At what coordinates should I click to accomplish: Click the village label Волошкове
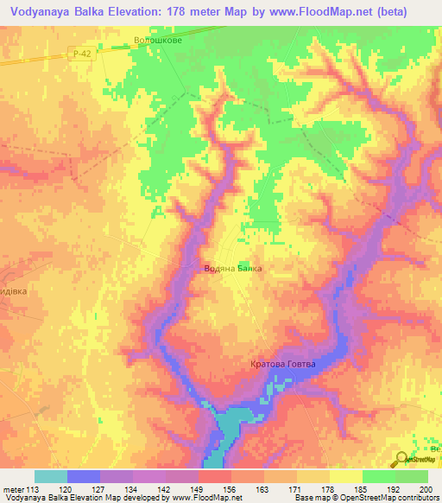(x=159, y=39)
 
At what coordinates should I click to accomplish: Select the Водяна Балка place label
(x=232, y=269)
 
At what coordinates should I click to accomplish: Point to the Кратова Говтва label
(x=283, y=364)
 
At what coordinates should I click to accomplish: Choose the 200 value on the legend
(x=423, y=489)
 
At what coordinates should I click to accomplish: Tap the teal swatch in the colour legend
(x=51, y=476)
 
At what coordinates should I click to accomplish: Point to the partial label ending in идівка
(x=16, y=291)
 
